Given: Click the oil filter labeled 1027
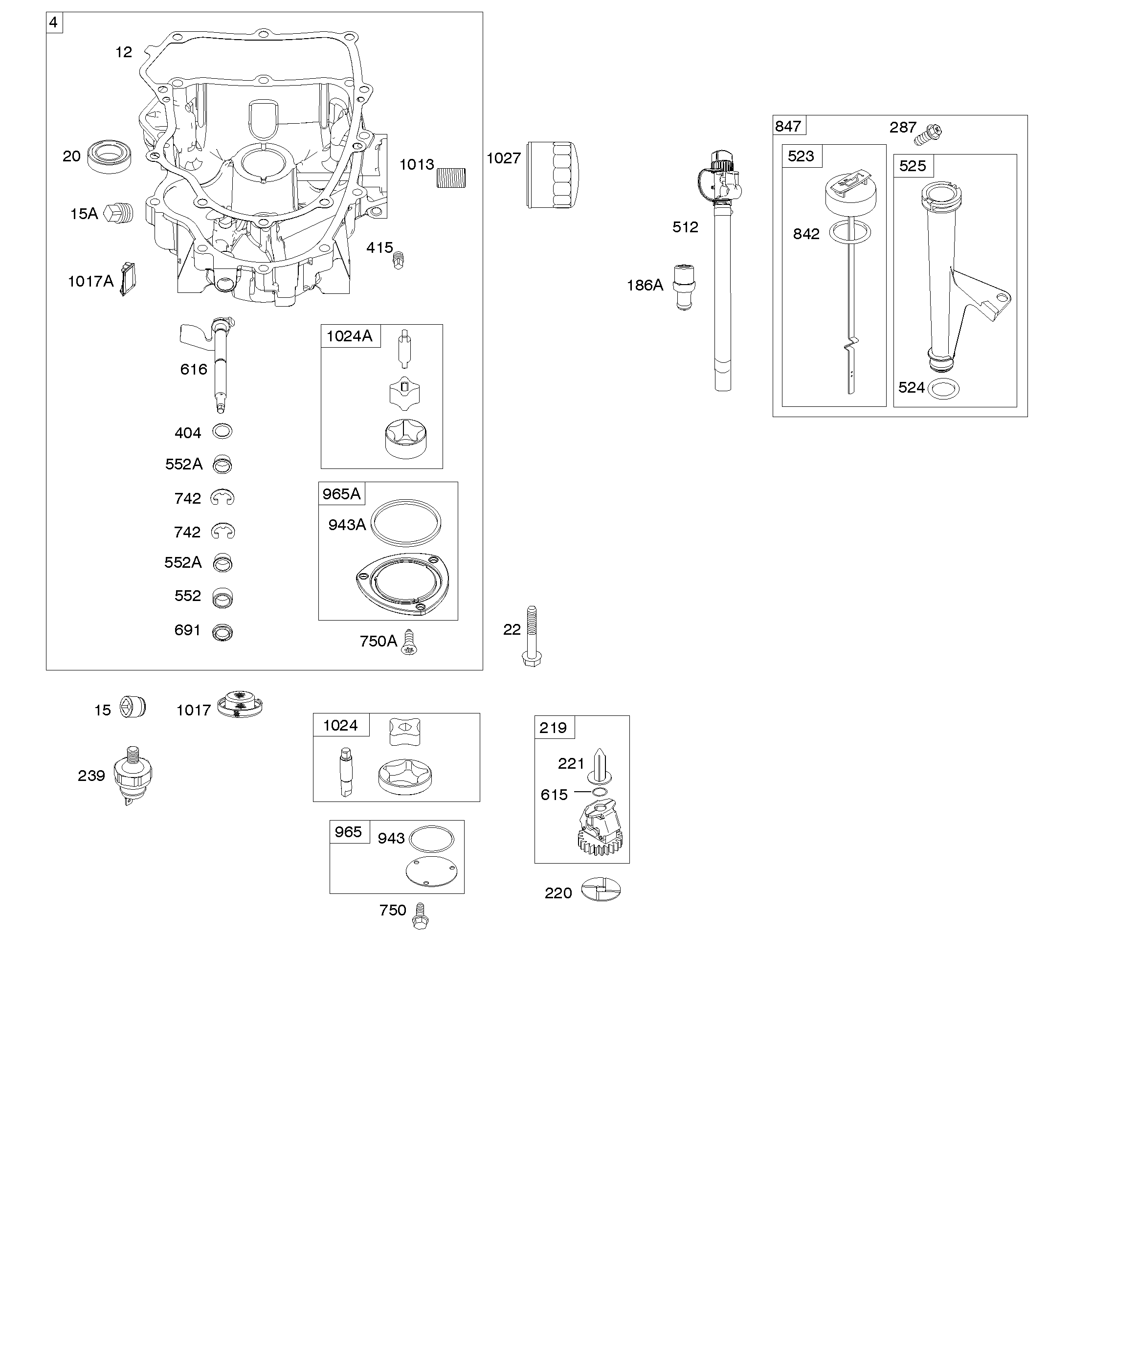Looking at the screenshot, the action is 553,175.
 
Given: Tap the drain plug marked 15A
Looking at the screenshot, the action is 119,213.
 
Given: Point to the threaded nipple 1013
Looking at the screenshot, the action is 451,178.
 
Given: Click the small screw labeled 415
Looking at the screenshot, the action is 398,259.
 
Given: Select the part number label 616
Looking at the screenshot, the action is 193,369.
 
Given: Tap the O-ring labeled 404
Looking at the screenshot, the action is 223,431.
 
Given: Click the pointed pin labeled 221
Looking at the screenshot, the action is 600,766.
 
